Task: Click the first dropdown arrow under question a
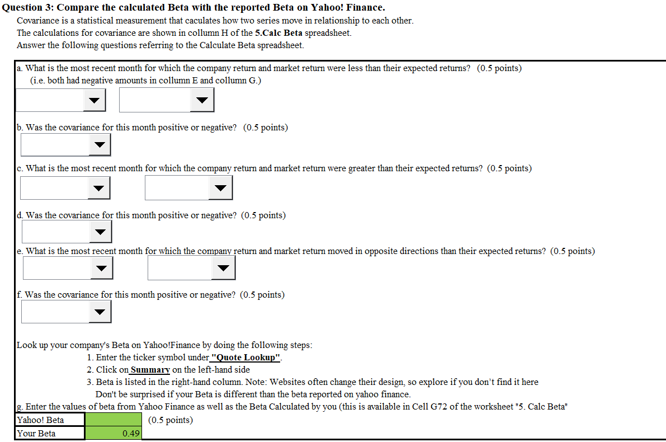(x=95, y=100)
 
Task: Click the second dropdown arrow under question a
(x=202, y=100)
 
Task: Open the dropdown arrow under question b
(x=100, y=145)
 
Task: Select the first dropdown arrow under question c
(x=98, y=189)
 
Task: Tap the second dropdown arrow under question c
(x=220, y=188)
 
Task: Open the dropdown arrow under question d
(x=100, y=232)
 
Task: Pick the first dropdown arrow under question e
(x=102, y=268)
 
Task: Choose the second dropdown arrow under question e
(x=224, y=268)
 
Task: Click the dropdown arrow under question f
(x=100, y=312)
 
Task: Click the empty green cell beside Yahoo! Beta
(x=114, y=420)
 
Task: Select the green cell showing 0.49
(x=114, y=433)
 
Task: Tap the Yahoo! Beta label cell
(x=50, y=420)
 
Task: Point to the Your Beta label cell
(x=50, y=433)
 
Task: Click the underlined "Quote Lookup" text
(x=246, y=358)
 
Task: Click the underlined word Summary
(x=150, y=370)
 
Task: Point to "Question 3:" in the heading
(x=28, y=8)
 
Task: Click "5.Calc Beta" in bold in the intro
(x=278, y=32)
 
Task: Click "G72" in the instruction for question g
(x=439, y=407)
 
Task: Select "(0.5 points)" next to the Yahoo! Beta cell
(x=171, y=420)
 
